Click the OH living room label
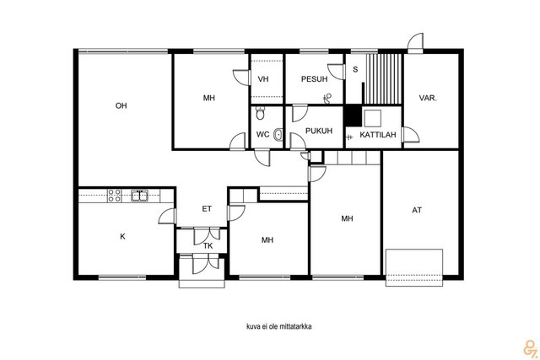point(121,105)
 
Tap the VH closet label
point(263,79)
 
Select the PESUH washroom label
point(314,79)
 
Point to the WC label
point(262,134)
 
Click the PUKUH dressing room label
point(319,131)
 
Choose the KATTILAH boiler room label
point(378,135)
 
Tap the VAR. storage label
point(428,98)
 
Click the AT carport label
point(417,210)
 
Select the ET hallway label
point(207,208)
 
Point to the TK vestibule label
point(208,245)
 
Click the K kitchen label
point(122,236)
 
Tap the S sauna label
point(355,69)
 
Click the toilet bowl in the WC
point(261,113)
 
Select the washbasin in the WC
point(278,135)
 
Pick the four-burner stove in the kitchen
point(115,195)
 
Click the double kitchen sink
point(139,196)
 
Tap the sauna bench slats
point(383,78)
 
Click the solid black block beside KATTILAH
point(353,116)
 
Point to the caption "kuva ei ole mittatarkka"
point(279,326)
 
